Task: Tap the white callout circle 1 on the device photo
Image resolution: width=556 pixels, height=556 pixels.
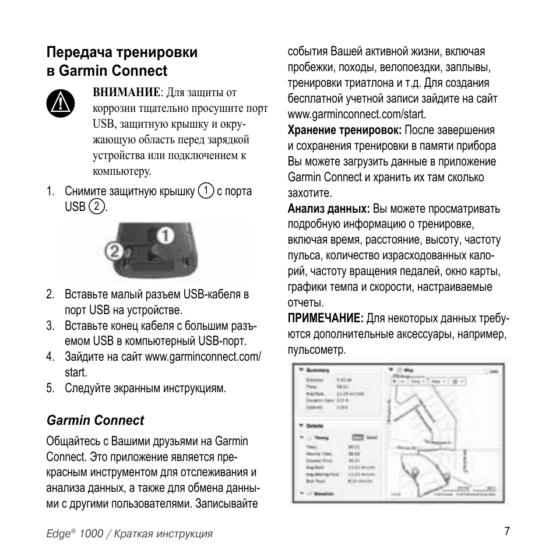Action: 165,235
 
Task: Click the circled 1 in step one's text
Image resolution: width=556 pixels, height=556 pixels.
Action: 205,191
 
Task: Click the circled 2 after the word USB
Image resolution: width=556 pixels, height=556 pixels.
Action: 97,206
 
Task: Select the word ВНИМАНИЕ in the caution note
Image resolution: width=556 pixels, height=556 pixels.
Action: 126,92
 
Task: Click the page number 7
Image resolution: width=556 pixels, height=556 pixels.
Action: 507,531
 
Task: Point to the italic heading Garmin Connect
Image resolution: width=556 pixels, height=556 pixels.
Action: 95,420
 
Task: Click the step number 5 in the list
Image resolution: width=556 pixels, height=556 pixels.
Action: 51,388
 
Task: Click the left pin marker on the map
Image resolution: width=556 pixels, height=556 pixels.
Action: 414,471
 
